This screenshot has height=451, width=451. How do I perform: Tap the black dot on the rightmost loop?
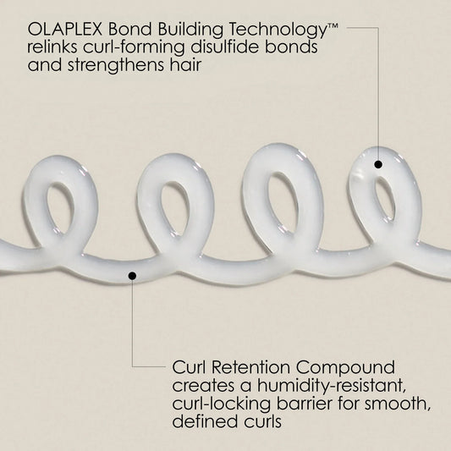pyautogui.click(x=378, y=163)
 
